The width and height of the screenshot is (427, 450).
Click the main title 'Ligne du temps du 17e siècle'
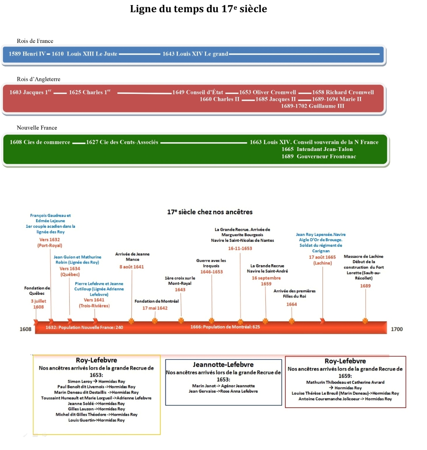198,9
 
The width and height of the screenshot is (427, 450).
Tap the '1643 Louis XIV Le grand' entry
195,54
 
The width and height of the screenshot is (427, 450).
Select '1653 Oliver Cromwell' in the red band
268,92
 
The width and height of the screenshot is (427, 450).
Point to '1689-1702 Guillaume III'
313,106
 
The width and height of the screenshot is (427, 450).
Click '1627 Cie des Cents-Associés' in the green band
122,142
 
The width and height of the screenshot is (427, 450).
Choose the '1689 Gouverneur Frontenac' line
319,156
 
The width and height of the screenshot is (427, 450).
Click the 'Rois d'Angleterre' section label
39,79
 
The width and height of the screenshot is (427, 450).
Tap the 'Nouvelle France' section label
37,128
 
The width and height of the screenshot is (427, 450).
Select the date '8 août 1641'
131,267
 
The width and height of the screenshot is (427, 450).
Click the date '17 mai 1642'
155,308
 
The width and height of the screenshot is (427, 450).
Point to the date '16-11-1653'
240,248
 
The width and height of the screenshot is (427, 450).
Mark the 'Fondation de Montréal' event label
157,301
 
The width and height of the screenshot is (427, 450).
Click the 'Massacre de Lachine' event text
363,256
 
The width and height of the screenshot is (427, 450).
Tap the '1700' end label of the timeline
396,329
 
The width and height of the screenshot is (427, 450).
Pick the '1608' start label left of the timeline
25,329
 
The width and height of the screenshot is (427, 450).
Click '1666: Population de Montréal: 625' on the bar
225,327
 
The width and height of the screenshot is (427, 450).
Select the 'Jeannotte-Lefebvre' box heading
223,364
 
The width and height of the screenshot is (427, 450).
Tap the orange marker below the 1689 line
365,321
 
